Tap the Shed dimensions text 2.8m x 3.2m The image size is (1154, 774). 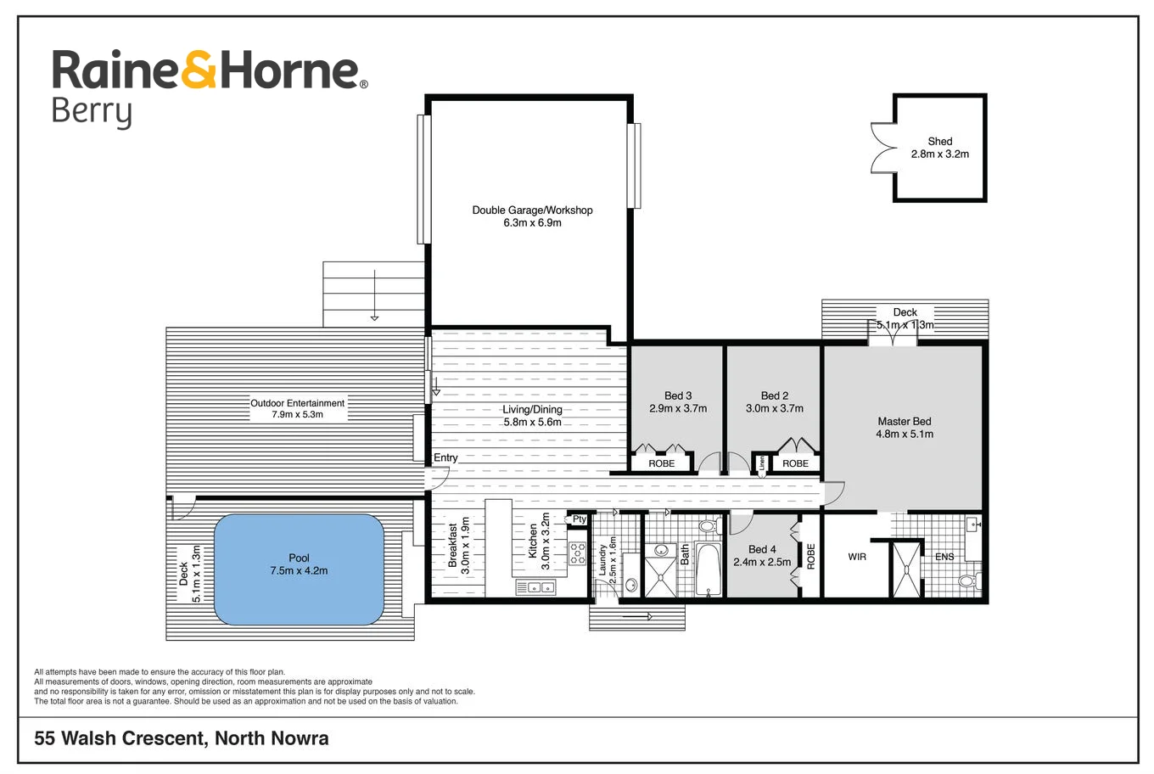click(939, 154)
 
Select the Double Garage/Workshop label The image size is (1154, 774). click(532, 210)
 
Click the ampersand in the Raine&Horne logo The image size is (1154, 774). click(199, 70)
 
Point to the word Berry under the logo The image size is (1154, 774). click(92, 112)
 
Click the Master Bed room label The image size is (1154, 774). click(904, 421)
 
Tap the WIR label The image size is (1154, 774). click(857, 557)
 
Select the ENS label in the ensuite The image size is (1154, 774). click(944, 557)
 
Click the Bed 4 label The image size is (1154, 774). click(761, 549)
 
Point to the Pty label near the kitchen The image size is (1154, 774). click(580, 519)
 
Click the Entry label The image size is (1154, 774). click(445, 457)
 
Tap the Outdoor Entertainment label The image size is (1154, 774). click(297, 403)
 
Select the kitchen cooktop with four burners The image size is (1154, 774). click(577, 554)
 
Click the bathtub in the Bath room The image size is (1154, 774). click(708, 569)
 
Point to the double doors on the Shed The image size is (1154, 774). click(883, 149)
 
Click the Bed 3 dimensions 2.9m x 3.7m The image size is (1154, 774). click(677, 408)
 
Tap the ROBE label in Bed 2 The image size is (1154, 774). click(795, 463)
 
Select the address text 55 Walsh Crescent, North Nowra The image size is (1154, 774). click(181, 738)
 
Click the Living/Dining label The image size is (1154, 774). click(532, 409)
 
